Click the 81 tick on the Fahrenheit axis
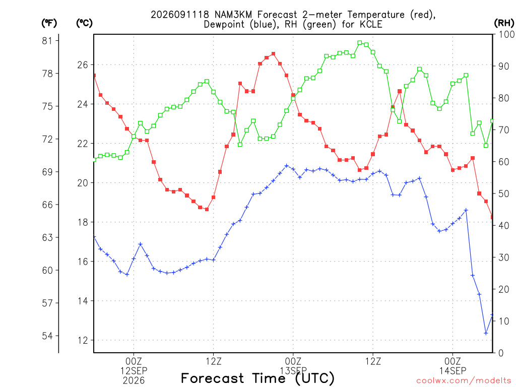tap(47, 40)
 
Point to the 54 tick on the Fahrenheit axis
tap(47, 336)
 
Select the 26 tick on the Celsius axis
tap(83, 65)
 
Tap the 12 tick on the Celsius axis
tap(83, 340)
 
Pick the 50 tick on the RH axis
tap(504, 193)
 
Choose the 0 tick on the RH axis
tap(501, 353)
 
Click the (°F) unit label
tap(49, 23)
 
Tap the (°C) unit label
tap(84, 23)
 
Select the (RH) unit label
tap(504, 23)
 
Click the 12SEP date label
tap(134, 371)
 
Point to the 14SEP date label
tap(453, 371)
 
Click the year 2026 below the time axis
tap(134, 381)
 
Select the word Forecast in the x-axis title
tap(213, 378)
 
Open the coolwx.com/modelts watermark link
tap(464, 381)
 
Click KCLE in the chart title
tap(371, 24)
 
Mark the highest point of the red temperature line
tap(273, 53)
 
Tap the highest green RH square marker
tap(360, 43)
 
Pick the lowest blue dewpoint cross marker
tap(486, 334)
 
